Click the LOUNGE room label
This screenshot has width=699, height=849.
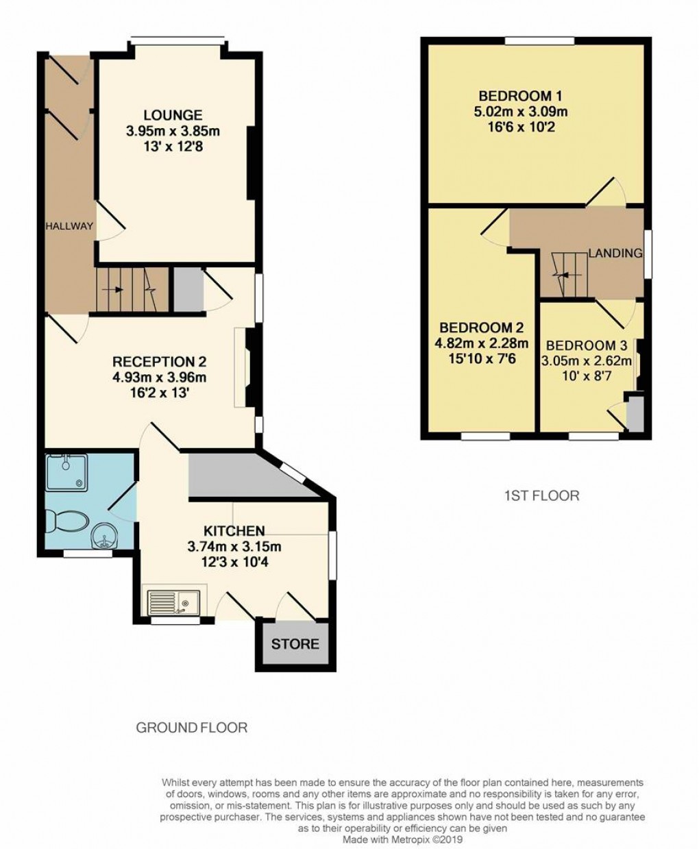point(173,115)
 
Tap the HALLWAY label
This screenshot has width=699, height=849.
point(69,226)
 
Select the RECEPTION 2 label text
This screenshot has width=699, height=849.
point(159,362)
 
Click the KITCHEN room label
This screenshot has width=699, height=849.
point(234,531)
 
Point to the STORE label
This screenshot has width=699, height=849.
point(295,644)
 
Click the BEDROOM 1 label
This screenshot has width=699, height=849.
point(515,96)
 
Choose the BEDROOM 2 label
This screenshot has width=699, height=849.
point(476,328)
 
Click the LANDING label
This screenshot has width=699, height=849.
point(615,253)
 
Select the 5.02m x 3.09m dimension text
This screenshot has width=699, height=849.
point(521,112)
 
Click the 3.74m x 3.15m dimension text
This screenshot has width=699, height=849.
point(234,547)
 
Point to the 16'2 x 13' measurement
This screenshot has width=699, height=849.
point(160,393)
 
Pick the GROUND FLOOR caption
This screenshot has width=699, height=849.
point(192,728)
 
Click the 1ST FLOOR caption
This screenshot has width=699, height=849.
point(538,495)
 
